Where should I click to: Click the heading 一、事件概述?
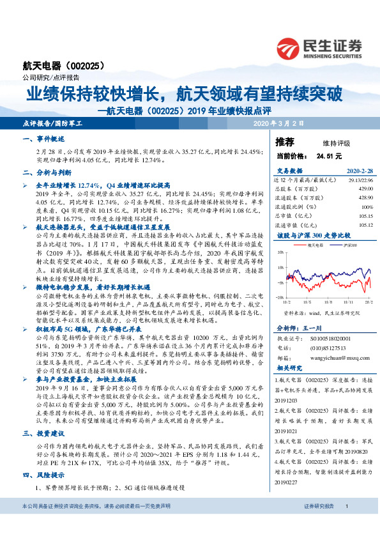point(42,139)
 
